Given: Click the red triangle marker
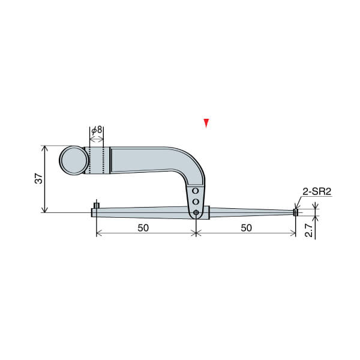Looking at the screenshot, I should [206, 122].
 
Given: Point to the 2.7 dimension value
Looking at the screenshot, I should [308, 228].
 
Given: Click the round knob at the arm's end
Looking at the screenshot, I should [73, 161].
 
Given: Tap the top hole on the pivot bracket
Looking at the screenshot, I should [196, 191].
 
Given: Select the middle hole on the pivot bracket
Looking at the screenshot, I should [196, 201].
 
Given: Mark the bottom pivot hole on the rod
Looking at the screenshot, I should [196, 212].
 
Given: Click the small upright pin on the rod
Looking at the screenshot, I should [97, 206].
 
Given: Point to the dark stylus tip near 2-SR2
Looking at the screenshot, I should [295, 212].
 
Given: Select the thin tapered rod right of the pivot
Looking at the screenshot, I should [252, 212].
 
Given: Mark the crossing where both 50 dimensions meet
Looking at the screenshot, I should [196, 233].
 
